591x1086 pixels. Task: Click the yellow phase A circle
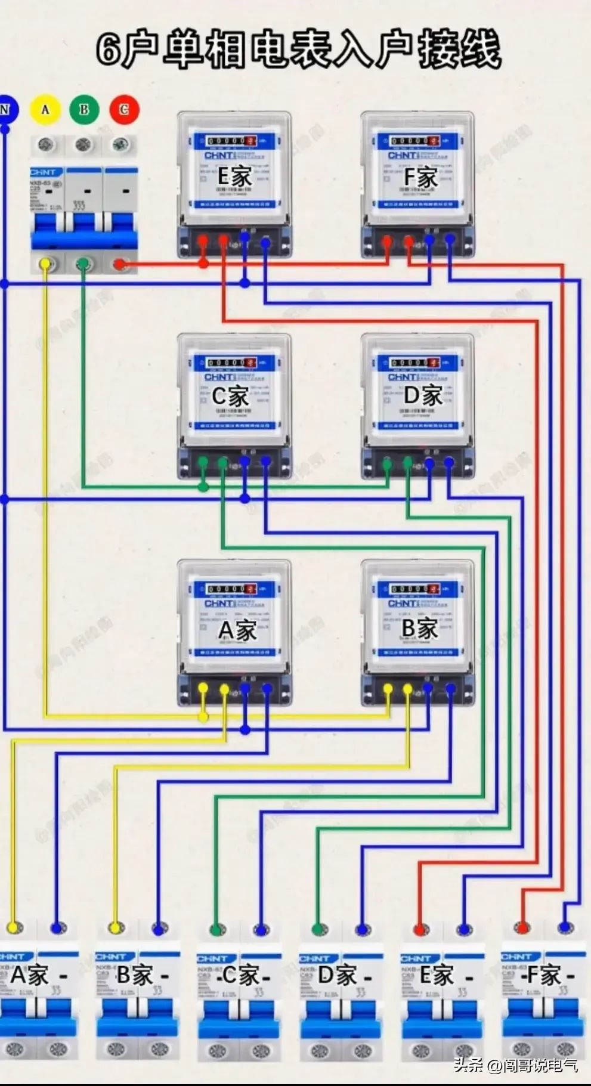point(45,110)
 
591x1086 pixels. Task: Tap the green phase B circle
point(84,110)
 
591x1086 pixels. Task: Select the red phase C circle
point(123,110)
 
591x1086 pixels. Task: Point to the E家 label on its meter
point(234,177)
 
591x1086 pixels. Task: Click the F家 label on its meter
point(420,177)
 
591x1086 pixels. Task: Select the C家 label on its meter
point(230,396)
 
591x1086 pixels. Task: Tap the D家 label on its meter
point(422,396)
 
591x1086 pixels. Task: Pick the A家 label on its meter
point(237,630)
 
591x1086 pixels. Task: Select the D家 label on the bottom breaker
point(337,976)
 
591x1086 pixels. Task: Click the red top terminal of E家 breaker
point(420,929)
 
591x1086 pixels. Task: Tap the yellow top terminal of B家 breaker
point(115,928)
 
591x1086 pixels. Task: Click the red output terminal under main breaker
point(120,264)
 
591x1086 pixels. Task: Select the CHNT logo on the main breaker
point(43,172)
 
